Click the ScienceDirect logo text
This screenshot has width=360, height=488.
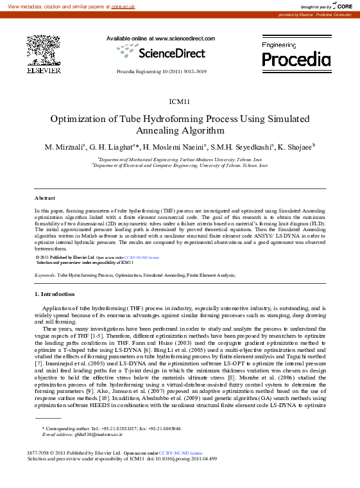[170, 53]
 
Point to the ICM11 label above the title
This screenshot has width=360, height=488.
[179, 101]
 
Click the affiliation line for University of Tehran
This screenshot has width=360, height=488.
[180, 165]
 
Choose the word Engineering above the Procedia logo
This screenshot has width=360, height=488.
[280, 46]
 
